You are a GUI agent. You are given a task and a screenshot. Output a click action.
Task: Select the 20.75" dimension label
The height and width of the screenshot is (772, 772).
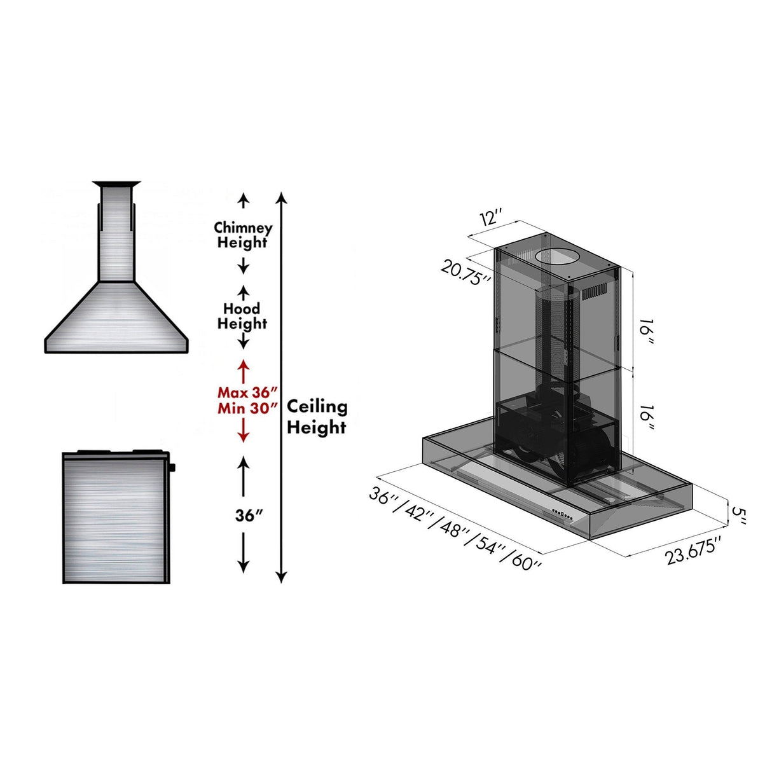coord(465,272)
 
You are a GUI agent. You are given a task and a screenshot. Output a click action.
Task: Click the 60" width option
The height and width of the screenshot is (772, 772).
coord(525,562)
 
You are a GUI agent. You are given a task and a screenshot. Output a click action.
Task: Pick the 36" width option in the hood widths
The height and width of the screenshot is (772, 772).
coord(385,496)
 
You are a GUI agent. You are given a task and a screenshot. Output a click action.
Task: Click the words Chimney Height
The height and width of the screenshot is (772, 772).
coord(243,235)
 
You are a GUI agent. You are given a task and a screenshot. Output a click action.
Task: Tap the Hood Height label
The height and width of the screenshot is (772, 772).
coord(242,316)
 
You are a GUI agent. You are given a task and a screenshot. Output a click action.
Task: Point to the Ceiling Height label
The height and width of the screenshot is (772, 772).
coord(317,417)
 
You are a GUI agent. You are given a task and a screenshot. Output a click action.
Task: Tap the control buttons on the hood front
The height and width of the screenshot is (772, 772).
coord(561,513)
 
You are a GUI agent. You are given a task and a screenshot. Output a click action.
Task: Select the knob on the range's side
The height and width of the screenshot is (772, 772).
coord(172,468)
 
